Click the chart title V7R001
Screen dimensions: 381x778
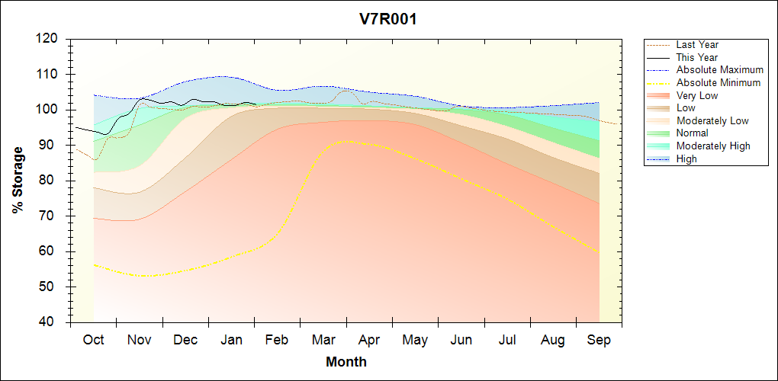388,20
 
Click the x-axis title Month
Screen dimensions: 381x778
346,362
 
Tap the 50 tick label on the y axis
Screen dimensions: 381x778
50,287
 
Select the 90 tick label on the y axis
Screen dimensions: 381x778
50,145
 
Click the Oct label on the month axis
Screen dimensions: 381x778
94,340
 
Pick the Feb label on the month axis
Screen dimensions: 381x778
278,340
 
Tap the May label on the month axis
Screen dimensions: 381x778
415,340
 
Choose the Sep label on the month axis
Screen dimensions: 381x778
599,340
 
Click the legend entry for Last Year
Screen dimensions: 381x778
697,45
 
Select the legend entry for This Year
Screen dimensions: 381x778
697,57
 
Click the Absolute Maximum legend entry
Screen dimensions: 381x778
719,70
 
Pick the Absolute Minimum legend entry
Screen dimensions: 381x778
719,82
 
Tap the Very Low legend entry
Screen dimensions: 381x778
697,95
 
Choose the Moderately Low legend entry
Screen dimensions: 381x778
712,120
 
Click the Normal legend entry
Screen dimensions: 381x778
693,133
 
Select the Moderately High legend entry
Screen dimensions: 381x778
713,146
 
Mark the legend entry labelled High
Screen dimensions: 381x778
686,158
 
